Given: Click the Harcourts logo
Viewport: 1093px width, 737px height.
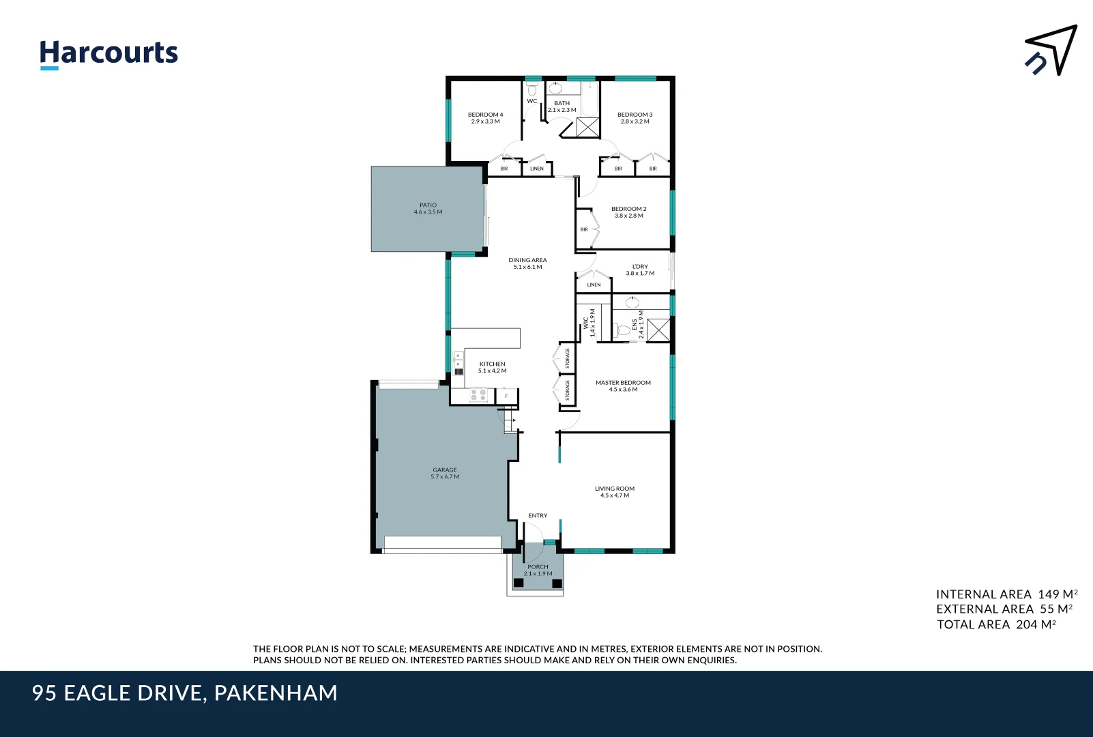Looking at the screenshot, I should click(108, 53).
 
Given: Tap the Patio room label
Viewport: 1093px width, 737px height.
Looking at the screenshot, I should click(428, 208).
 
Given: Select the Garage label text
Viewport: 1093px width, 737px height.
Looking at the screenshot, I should click(444, 473).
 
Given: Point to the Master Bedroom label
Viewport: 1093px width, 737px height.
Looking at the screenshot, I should click(623, 386).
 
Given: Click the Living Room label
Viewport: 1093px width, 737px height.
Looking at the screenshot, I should click(614, 491).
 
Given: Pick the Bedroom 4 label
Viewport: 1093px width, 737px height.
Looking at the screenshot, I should click(485, 117).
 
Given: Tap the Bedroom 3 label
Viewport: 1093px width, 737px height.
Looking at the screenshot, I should click(635, 117).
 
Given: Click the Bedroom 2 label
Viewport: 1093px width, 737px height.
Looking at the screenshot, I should click(628, 212).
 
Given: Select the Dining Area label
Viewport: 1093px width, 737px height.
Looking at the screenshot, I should click(527, 263).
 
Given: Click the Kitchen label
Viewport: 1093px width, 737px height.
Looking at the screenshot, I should click(492, 367).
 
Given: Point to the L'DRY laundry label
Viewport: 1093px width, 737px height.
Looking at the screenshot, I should click(640, 270).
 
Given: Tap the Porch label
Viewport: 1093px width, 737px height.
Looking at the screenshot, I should click(538, 570).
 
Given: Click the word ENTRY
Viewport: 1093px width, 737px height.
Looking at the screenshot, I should click(538, 515).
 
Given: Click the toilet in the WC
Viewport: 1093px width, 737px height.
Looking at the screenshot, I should click(532, 89).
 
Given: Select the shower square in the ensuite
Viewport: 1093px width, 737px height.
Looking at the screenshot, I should click(658, 330).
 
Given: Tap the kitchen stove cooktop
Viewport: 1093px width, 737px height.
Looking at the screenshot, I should click(478, 395).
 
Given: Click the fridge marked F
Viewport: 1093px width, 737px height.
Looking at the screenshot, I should click(506, 396).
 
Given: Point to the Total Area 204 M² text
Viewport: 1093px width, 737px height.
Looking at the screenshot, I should click(996, 624).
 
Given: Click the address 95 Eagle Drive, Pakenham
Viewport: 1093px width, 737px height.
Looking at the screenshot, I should click(185, 693).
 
